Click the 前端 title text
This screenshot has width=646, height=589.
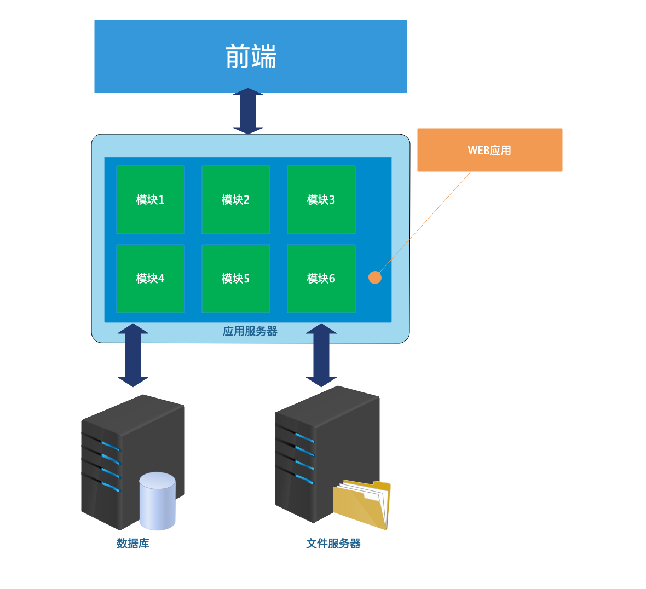(251, 57)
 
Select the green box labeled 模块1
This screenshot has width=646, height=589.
(151, 200)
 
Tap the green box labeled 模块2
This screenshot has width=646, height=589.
(236, 200)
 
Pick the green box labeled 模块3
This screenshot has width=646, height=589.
(321, 200)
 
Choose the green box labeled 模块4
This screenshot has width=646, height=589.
(151, 279)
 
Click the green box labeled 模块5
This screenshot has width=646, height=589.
(236, 279)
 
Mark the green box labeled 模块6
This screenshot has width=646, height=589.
(321, 279)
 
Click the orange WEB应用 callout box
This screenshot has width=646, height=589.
(489, 150)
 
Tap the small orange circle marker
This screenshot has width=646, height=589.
(375, 278)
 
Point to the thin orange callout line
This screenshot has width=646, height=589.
(427, 219)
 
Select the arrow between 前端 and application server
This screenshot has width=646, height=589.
(248, 111)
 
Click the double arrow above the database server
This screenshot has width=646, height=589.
(133, 355)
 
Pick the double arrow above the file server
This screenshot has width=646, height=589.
(321, 355)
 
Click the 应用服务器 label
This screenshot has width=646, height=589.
(250, 331)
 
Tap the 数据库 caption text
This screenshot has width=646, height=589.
(133, 544)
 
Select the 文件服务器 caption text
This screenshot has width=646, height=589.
(333, 544)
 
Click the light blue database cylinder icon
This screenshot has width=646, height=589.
(157, 501)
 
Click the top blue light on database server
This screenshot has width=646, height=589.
(110, 446)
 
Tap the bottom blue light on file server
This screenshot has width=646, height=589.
(304, 480)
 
